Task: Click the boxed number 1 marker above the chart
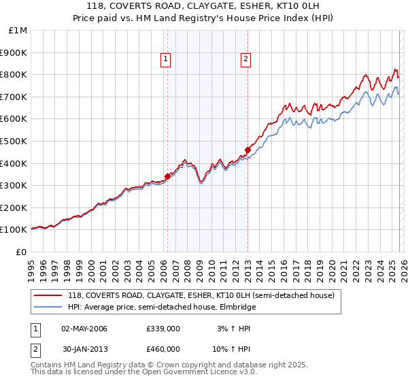click(167, 60)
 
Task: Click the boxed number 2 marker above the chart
click(245, 60)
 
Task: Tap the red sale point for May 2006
click(167, 176)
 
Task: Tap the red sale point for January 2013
click(248, 150)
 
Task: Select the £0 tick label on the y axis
click(22, 252)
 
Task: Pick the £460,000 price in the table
click(163, 349)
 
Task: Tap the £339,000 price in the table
click(163, 329)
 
